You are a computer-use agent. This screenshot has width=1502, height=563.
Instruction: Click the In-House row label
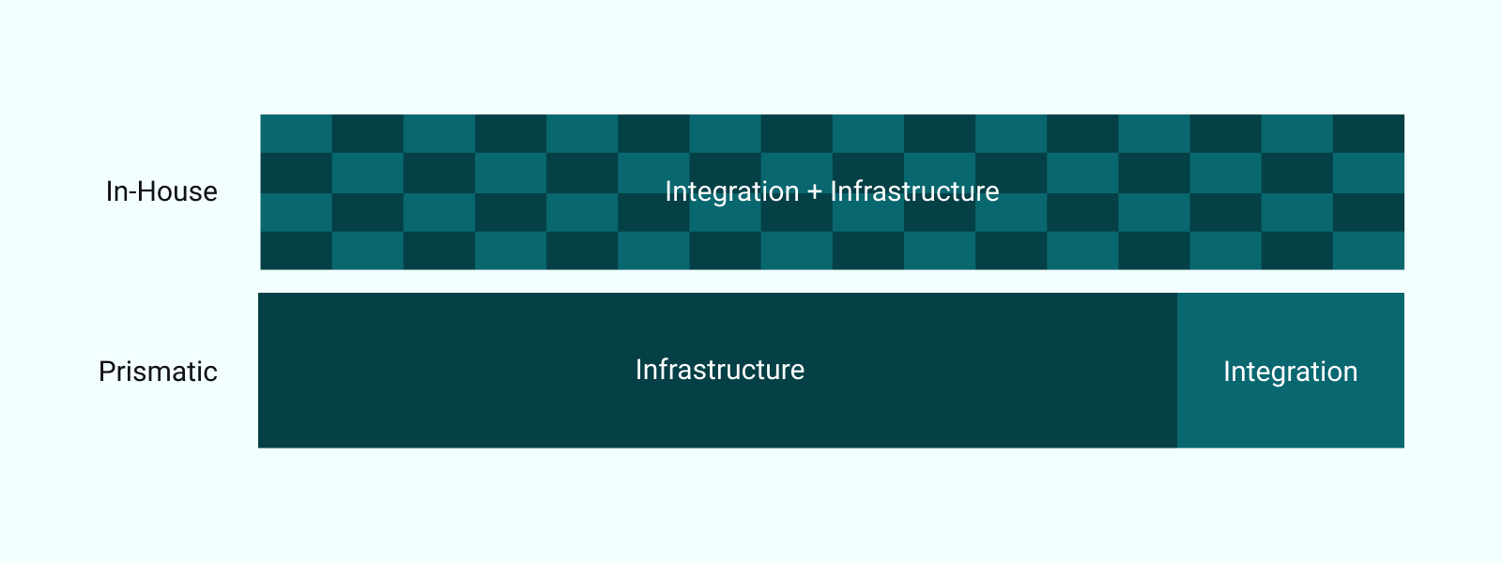coord(161,191)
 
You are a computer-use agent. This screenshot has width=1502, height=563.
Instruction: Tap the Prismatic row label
coord(158,372)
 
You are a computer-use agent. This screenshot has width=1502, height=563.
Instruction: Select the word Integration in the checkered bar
coord(731,191)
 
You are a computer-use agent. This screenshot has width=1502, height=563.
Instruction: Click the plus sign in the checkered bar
coord(814,192)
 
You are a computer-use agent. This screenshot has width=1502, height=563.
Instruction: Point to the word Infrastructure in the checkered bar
coord(914,191)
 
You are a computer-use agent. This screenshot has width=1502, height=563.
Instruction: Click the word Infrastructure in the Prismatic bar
coord(719,370)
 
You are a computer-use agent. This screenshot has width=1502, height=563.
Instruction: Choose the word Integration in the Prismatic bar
coord(1290,372)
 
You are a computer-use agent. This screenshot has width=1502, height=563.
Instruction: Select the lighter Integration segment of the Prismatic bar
coord(1290,413)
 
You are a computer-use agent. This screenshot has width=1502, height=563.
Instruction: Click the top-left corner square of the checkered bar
coord(296,133)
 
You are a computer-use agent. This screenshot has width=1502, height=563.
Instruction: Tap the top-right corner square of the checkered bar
coord(1369,133)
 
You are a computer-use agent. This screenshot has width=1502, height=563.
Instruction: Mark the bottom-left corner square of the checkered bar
coord(296,251)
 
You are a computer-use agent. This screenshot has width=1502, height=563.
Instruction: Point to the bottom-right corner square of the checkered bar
coord(1369,251)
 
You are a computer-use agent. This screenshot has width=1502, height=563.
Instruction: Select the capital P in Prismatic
coord(106,372)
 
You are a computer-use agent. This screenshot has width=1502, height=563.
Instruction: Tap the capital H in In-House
coord(146,191)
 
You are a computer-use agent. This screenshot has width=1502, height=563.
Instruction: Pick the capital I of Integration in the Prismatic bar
coord(1227,372)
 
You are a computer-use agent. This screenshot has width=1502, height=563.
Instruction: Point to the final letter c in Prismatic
coord(211,373)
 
